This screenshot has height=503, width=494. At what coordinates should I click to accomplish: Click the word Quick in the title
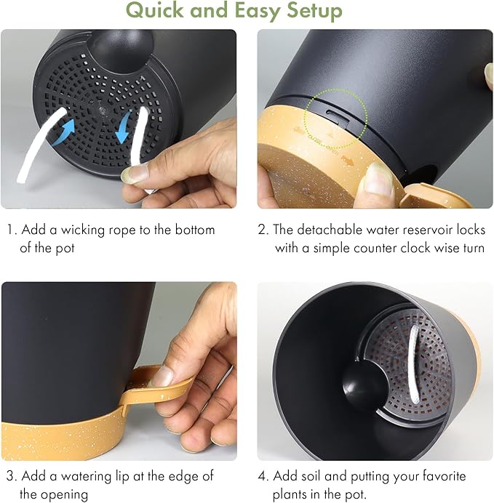coord(155,11)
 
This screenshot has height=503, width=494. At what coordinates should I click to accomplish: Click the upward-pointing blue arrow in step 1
coord(64,131)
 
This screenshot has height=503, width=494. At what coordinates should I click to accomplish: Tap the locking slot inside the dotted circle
coord(338,115)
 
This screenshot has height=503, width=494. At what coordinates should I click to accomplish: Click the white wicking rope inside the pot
coord(413,364)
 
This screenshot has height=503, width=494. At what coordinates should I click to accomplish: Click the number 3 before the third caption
coord(10,476)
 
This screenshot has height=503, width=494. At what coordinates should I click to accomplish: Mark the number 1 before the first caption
coord(11,230)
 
